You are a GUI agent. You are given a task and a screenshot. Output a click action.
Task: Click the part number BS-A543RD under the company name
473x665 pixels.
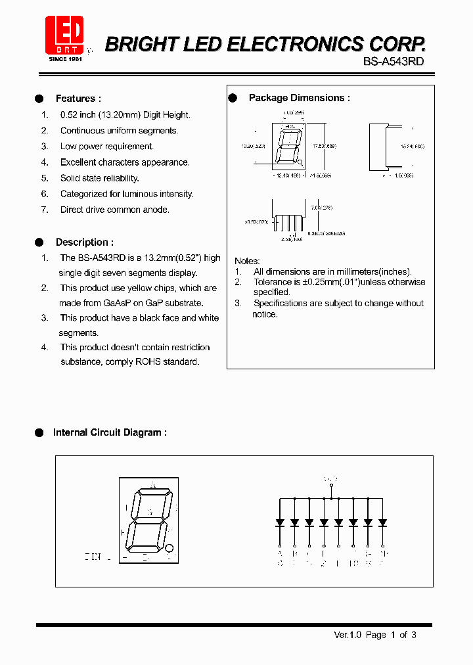(x=393, y=60)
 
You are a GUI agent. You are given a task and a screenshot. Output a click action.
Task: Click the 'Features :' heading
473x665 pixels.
(x=78, y=99)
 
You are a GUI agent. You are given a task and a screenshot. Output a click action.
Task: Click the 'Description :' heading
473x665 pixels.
(x=84, y=242)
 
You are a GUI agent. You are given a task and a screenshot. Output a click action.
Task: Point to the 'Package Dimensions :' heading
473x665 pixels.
(x=299, y=98)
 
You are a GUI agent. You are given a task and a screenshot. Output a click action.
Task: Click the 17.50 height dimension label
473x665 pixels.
(x=324, y=146)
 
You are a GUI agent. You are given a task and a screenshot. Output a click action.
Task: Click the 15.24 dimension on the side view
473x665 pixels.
(x=413, y=146)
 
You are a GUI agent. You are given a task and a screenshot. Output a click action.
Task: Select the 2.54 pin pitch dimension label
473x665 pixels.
(x=291, y=240)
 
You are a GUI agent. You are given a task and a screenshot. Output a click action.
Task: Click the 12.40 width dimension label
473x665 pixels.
(x=286, y=175)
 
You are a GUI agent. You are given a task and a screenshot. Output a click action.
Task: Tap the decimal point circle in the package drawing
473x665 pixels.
(x=300, y=162)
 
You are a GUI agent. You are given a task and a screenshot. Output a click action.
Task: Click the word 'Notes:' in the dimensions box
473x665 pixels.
(x=247, y=261)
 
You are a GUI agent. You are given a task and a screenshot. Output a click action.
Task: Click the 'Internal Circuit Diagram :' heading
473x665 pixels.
(x=110, y=432)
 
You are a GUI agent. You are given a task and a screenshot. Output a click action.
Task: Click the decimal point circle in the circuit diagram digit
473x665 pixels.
(x=169, y=547)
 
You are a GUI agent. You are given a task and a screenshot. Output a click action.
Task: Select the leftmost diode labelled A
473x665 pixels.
(x=280, y=523)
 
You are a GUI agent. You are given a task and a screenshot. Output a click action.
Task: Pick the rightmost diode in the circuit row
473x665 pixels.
(x=383, y=523)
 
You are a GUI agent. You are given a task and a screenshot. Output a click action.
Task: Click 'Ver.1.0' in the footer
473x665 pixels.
(x=348, y=635)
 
